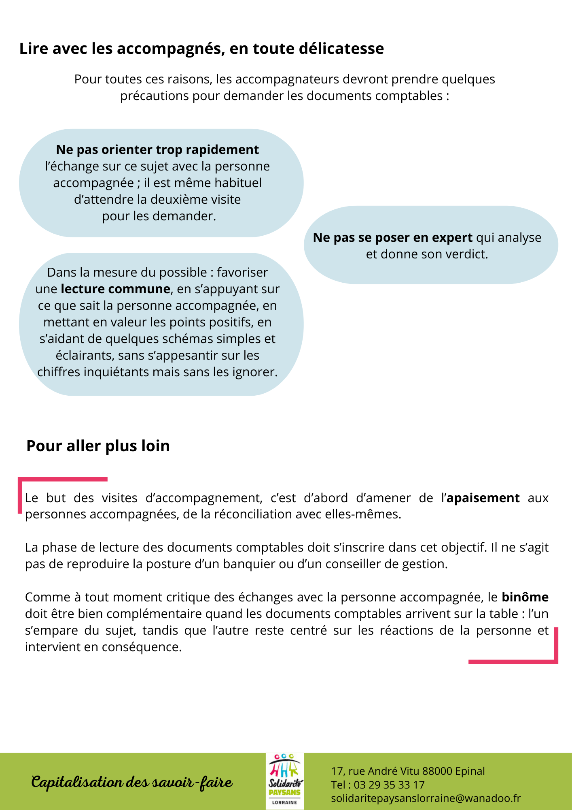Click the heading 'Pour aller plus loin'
coord(98,446)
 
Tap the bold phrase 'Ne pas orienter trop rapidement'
coord(157,150)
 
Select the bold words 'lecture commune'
coord(115,289)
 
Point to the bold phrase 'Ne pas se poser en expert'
coord(392,238)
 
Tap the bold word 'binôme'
coord(525,597)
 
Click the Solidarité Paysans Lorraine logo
coord(285,781)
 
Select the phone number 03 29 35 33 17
coord(389,785)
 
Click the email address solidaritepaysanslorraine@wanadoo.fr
coord(426,798)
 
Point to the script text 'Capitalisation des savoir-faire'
coord(132,782)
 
